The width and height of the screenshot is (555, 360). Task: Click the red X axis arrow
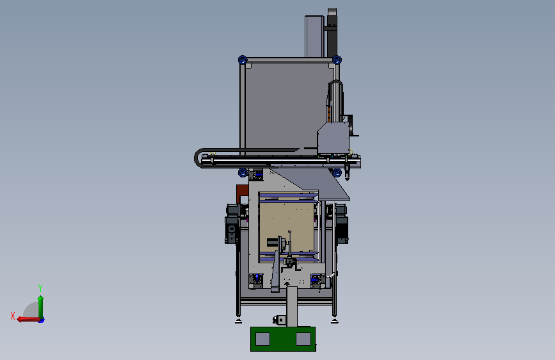pos(28,320)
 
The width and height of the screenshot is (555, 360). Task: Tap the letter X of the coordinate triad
pos(13,316)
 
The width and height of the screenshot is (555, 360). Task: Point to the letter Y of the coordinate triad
pos(40,288)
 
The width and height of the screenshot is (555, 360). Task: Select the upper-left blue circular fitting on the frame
pos(243,60)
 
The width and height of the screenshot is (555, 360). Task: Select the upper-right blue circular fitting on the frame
pos(337,60)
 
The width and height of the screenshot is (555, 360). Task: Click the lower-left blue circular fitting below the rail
pos(243,172)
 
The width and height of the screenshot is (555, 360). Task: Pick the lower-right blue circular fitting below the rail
pos(337,172)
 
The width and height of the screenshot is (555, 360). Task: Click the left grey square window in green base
pos(262,339)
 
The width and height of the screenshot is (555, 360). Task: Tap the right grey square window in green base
pos(303,339)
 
